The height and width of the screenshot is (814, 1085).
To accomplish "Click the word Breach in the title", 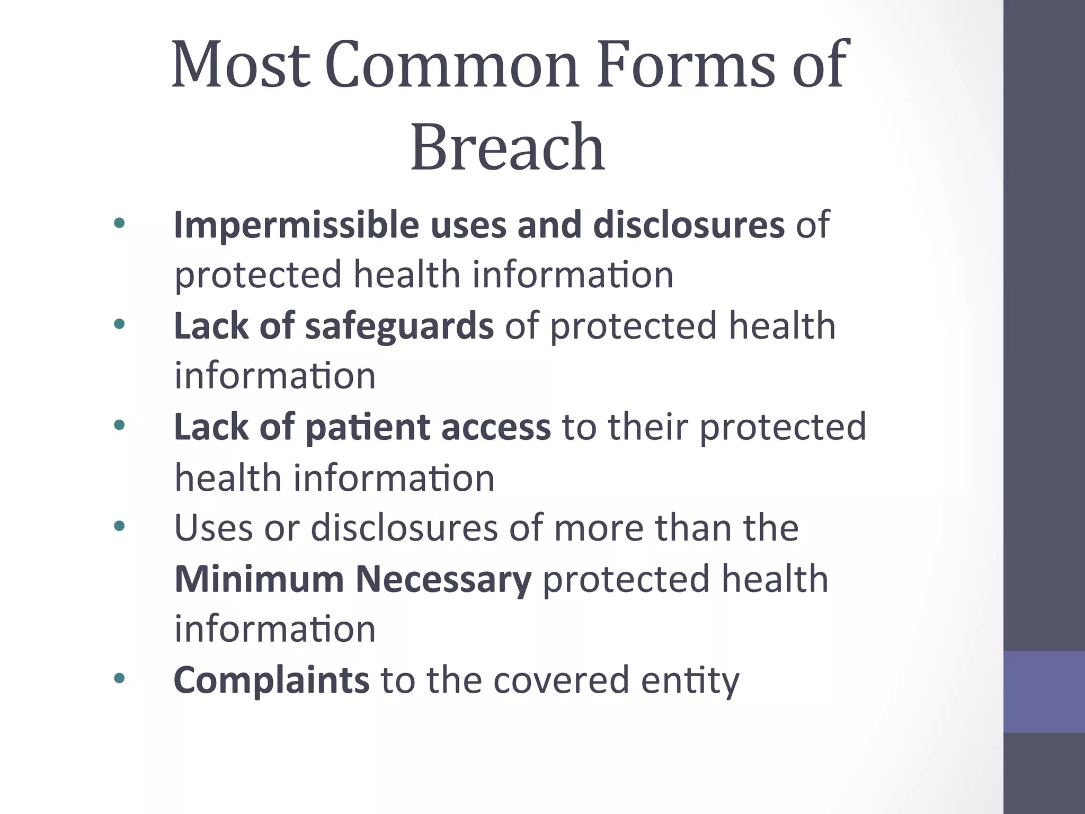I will [x=508, y=147].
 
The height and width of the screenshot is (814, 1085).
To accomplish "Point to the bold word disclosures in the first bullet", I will [x=689, y=225].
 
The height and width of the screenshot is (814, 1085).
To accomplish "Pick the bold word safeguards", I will [x=399, y=325].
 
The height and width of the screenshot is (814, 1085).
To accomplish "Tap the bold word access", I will [x=496, y=428].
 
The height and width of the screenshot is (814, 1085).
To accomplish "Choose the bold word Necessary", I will [x=443, y=580].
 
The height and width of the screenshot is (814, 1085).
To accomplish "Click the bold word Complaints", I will [x=271, y=680].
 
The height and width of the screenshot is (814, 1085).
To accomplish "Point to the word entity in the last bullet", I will [x=690, y=681].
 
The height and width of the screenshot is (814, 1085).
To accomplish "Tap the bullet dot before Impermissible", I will [x=119, y=223].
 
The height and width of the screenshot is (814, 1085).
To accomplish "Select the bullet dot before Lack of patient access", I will [x=119, y=424].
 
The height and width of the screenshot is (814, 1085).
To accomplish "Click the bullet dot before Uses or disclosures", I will [x=119, y=526].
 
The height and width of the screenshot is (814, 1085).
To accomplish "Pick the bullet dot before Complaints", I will [x=119, y=678].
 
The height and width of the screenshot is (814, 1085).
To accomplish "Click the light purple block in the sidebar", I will [x=1044, y=692].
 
